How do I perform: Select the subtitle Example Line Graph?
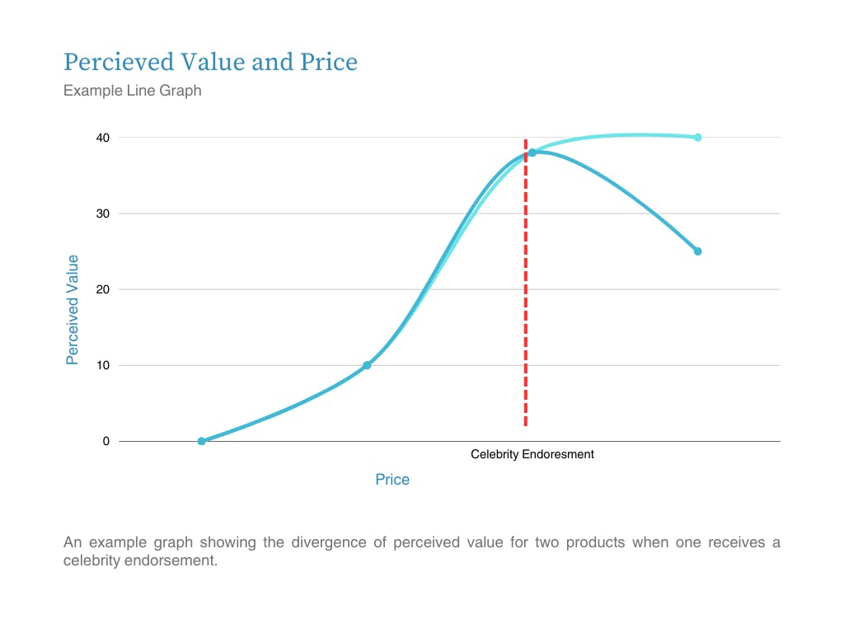132,91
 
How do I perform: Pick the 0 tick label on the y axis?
105,441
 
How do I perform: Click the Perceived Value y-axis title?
73,310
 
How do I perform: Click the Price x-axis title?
392,480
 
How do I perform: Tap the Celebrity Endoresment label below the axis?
532,454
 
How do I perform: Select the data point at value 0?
201,441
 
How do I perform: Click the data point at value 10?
367,365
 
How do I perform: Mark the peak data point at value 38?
532,152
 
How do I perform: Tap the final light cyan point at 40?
697,138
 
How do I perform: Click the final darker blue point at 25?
697,251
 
